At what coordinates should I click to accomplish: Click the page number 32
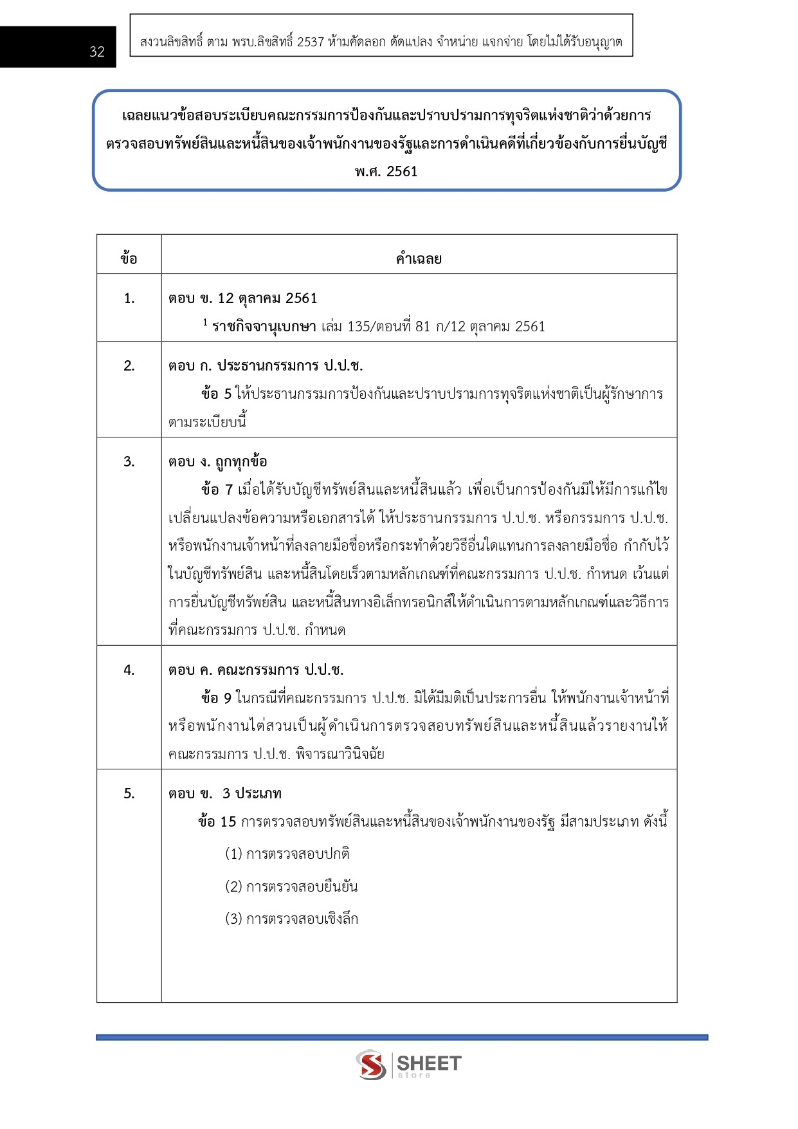coord(97,52)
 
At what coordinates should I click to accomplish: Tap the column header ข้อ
coord(129,259)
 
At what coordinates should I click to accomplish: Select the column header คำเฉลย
coord(419,259)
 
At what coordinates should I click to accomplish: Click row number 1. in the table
coord(129,298)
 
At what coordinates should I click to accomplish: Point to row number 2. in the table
coord(129,365)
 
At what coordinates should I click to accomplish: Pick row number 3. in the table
coord(129,461)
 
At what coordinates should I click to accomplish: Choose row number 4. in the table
coord(129,670)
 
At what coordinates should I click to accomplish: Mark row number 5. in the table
coord(129,793)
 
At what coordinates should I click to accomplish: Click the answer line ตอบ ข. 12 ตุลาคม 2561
coord(243,298)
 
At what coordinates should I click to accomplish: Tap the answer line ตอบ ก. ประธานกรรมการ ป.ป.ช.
coord(266,365)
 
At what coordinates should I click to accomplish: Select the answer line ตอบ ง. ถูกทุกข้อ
coord(218,461)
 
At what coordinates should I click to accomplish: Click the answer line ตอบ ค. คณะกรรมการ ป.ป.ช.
coord(256,670)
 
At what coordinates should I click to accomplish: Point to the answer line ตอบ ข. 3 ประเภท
coord(225,793)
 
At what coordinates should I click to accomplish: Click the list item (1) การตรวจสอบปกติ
coord(287,854)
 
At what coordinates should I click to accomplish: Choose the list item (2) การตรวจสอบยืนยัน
coord(291,886)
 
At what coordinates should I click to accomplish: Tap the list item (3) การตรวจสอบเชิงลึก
coord(291,919)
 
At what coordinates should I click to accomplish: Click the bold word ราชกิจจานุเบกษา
coord(264,327)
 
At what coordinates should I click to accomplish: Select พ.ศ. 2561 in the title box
coord(386,171)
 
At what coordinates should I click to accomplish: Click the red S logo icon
coord(371,1065)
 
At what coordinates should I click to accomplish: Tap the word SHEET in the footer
coord(429,1062)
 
